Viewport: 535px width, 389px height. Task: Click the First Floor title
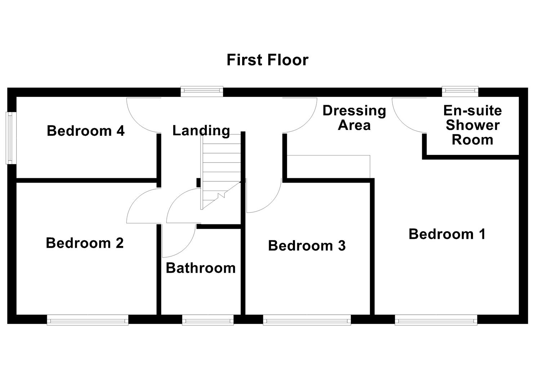[267, 60]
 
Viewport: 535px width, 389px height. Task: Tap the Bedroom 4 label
[86, 131]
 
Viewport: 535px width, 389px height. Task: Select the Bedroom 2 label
[85, 243]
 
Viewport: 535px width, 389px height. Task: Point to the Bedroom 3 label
[307, 246]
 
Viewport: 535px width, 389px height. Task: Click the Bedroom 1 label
[447, 234]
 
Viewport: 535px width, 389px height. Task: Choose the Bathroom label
[201, 268]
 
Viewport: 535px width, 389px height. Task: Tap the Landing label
[201, 130]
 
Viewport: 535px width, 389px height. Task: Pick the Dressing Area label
[354, 118]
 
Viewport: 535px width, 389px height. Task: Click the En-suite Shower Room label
[472, 125]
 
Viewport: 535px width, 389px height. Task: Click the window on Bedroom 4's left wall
[11, 138]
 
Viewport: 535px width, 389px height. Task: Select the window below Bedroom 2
[88, 319]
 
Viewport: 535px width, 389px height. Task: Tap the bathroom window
[208, 319]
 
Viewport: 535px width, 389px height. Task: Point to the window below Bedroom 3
[307, 319]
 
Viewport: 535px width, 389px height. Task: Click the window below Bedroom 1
[436, 319]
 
